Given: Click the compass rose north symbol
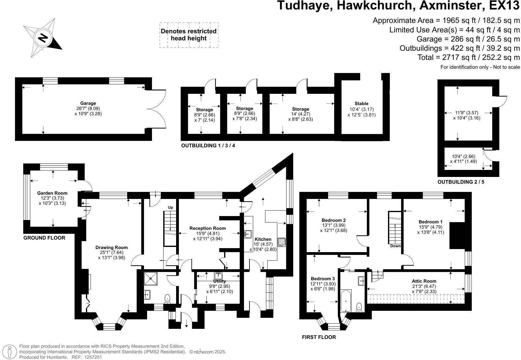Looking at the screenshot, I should [43, 38].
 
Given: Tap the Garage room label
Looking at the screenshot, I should [88, 103].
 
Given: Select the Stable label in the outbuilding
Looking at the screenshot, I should [361, 104].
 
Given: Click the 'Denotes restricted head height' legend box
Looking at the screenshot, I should [189, 35].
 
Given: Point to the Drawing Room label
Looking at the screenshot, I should [111, 248].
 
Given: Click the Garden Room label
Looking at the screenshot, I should [52, 193].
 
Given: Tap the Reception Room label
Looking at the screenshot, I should [208, 228].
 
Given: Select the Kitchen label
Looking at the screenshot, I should [263, 239].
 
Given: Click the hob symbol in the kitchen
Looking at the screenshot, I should [282, 242].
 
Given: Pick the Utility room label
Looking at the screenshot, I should [220, 281].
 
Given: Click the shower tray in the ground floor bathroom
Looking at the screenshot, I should [151, 278].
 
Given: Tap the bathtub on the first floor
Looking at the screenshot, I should [346, 301].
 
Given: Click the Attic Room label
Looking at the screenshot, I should [424, 281].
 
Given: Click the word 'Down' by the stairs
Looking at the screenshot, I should [395, 246].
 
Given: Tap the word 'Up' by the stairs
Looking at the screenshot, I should [170, 208].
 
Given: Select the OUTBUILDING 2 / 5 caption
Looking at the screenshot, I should [461, 182].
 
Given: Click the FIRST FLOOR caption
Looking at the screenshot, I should [319, 337].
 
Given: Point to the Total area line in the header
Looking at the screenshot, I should [468, 57].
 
